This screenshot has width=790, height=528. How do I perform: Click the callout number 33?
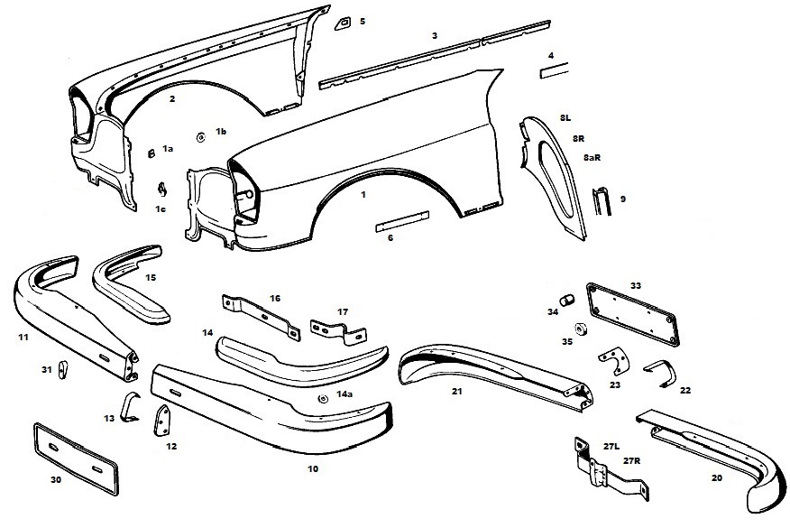636,285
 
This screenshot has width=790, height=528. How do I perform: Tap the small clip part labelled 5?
344,22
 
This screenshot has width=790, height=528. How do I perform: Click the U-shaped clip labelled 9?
602,200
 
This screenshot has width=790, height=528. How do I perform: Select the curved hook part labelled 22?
658,371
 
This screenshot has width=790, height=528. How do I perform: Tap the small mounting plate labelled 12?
164,420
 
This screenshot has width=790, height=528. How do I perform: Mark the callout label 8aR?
592,157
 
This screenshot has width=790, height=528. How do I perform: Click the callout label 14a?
344,394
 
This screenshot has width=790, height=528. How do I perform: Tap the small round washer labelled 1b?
200,134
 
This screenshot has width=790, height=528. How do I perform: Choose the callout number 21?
457,391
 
